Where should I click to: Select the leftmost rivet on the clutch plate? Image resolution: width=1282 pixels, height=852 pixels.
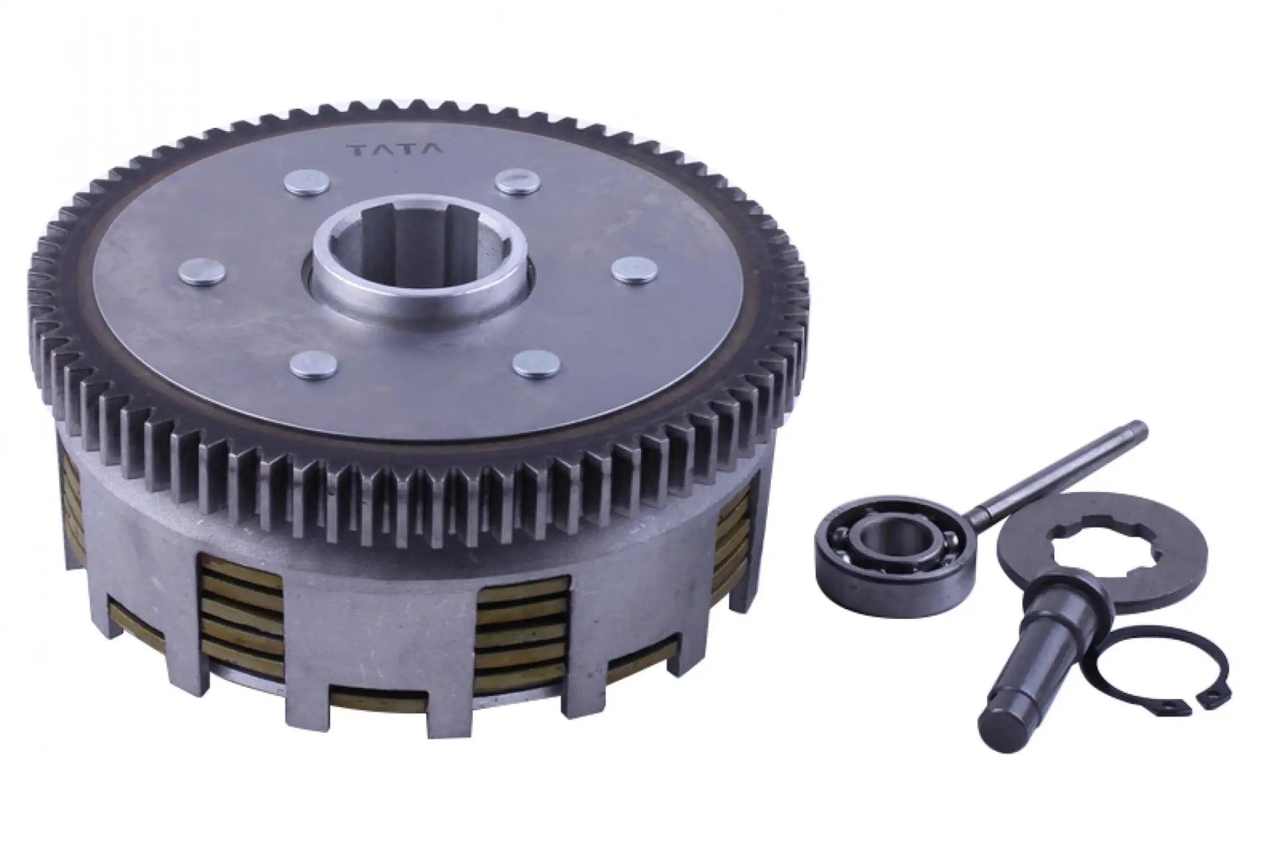pyautogui.click(x=202, y=272)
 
